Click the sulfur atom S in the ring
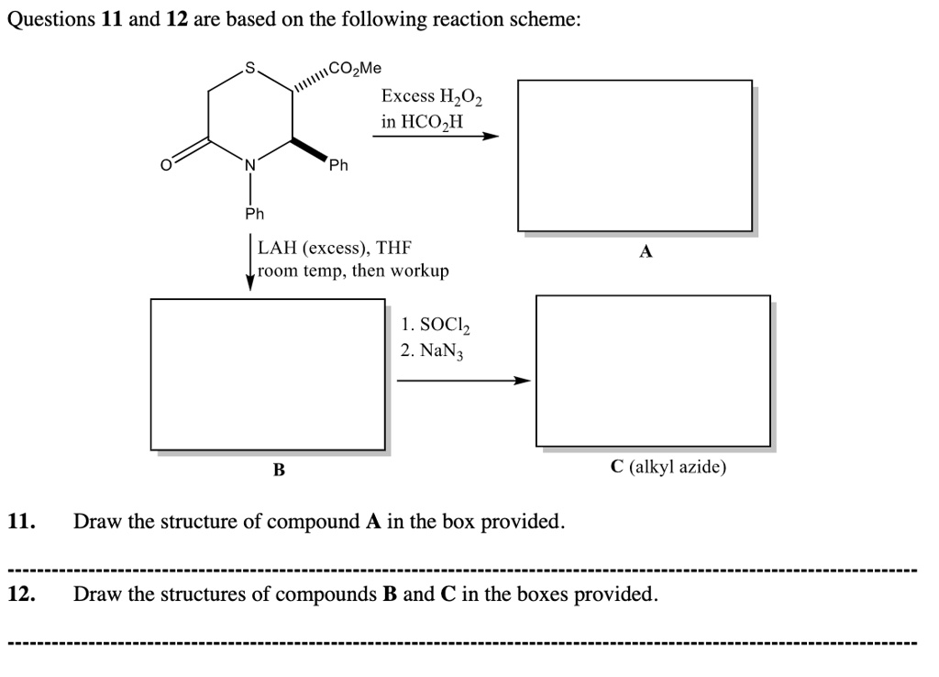[x=249, y=67]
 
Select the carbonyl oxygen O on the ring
[x=166, y=165]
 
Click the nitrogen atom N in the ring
[x=249, y=165]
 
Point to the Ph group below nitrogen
[x=254, y=214]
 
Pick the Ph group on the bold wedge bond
[x=338, y=166]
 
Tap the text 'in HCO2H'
[x=423, y=121]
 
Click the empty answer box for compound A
[x=635, y=155]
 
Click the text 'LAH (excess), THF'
[x=335, y=248]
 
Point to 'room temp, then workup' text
[x=354, y=271]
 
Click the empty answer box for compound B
[x=268, y=373]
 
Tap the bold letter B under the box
[x=279, y=471]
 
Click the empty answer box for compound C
[x=653, y=371]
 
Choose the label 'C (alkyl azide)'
[x=668, y=467]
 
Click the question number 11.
[x=22, y=522]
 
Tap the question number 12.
[x=22, y=594]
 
